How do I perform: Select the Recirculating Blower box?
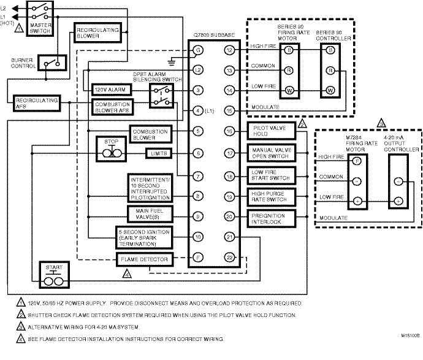[x=91, y=32]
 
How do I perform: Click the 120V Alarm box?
[x=109, y=90]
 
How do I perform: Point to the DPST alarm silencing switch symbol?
[x=162, y=95]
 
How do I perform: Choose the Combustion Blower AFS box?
[x=112, y=105]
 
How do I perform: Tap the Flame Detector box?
[x=144, y=259]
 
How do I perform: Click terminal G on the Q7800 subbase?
[x=198, y=49]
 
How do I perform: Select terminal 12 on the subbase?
[x=230, y=49]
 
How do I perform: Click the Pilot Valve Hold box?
[x=270, y=131]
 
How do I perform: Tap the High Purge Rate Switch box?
[x=270, y=196]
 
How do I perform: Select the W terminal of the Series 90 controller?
[x=330, y=91]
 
